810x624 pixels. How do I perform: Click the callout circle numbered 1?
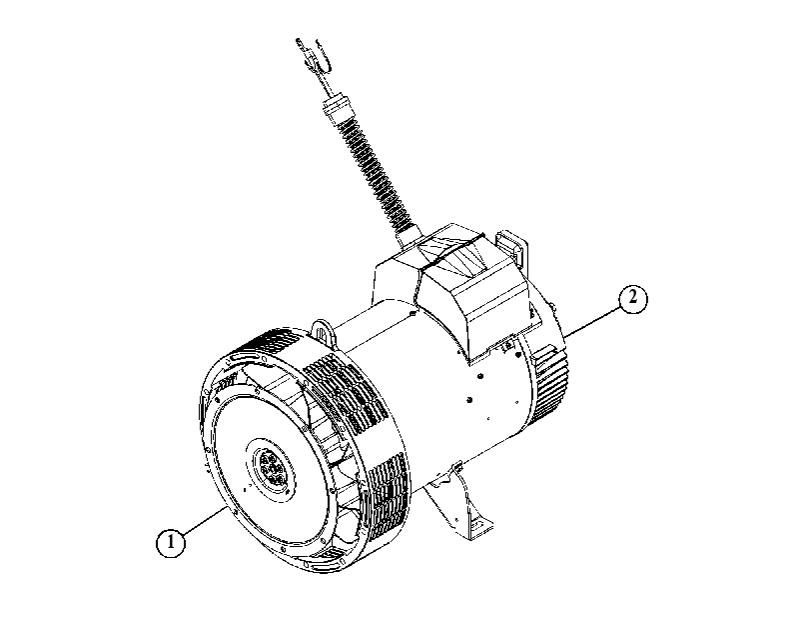tap(171, 543)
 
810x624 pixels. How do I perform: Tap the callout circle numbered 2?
tap(633, 299)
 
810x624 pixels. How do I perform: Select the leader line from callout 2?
tap(594, 322)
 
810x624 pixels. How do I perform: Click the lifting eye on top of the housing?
tap(323, 331)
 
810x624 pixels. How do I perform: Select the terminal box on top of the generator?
tap(454, 290)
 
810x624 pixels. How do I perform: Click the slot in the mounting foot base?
tap(476, 527)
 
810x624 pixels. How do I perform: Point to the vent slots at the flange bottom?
tap(327, 558)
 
